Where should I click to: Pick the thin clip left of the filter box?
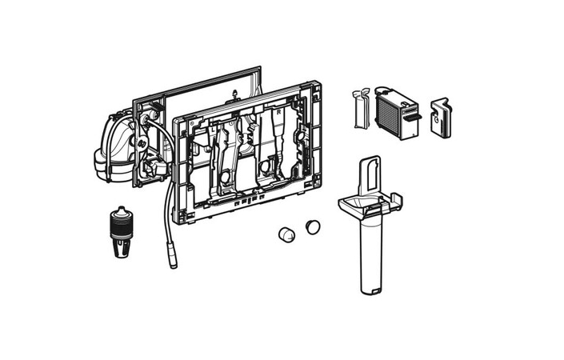click(359, 109)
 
